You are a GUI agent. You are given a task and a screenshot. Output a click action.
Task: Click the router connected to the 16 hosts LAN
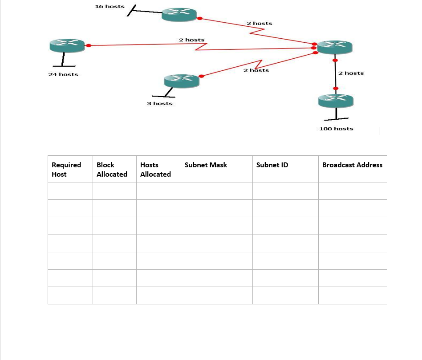[x=179, y=14]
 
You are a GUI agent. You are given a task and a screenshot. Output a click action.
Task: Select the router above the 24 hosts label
[x=67, y=45]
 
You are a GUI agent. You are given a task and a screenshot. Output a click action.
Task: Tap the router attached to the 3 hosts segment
[x=181, y=81]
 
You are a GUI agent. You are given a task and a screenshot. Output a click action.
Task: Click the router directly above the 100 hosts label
[x=336, y=101]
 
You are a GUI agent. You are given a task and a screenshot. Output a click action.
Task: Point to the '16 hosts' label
[x=110, y=7]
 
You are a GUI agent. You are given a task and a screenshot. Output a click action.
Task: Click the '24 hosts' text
[x=63, y=74]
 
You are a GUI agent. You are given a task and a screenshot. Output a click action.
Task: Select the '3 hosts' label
[x=159, y=104]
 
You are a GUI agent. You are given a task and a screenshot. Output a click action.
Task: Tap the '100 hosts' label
[x=336, y=129]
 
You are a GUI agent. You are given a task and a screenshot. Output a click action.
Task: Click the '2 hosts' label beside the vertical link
[x=351, y=73]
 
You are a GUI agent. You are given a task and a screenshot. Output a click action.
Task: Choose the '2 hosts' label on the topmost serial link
[x=259, y=23]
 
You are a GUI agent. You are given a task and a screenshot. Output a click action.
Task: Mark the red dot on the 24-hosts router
[x=89, y=45]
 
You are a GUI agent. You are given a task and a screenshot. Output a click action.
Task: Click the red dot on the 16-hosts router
[x=199, y=19]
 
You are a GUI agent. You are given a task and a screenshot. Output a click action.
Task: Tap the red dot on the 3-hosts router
[x=201, y=76]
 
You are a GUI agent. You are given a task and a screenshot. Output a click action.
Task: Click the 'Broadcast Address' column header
[x=352, y=165]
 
